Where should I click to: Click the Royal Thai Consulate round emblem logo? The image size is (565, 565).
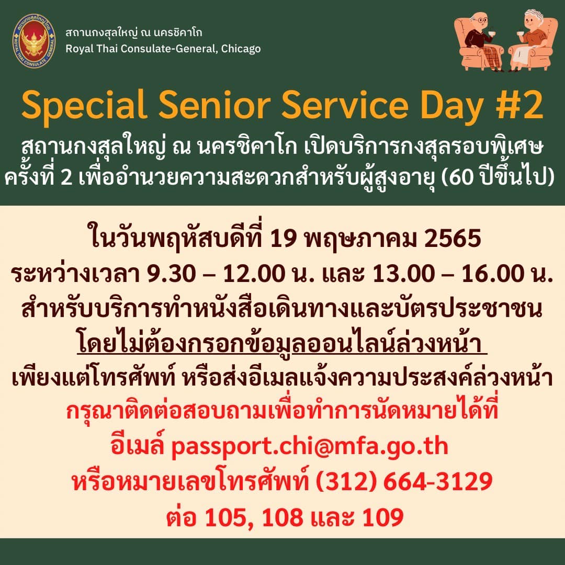click(x=34, y=40)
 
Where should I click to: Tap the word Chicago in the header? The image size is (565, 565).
click(x=241, y=49)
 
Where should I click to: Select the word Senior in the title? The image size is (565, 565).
click(x=215, y=105)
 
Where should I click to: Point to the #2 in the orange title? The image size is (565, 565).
click(x=519, y=105)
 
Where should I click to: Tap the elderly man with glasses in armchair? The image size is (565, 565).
click(x=480, y=41)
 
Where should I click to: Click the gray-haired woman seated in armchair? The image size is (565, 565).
click(x=530, y=41)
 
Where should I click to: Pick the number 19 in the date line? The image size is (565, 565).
click(x=284, y=239)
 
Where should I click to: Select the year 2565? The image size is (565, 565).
click(x=453, y=239)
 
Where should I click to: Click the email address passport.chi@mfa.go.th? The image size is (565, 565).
click(x=310, y=447)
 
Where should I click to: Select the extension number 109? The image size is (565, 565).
click(x=382, y=517)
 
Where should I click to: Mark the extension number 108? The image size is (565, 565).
click(x=283, y=517)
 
